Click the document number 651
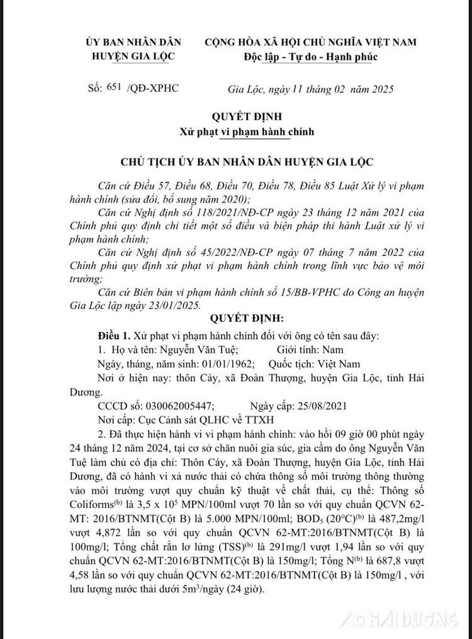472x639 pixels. pos(119,87)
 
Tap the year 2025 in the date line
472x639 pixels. pos(381,88)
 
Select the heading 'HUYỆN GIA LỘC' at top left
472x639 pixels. pos(133,57)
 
